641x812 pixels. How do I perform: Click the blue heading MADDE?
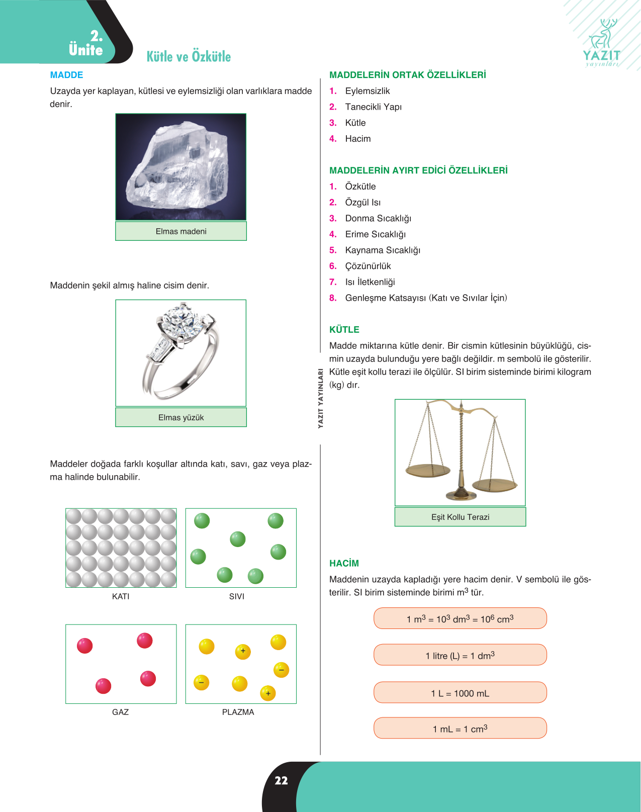[x=66, y=75]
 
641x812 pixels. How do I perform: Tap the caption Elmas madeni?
[x=181, y=231]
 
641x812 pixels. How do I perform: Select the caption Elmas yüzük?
[x=181, y=417]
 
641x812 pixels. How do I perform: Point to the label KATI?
[x=121, y=596]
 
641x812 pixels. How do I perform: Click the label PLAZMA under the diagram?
[x=238, y=712]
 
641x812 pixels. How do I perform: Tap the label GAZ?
[x=120, y=712]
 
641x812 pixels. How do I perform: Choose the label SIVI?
[x=237, y=596]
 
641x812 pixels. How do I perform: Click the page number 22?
[x=281, y=781]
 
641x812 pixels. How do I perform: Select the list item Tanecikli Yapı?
[x=373, y=107]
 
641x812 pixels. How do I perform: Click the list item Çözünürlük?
[x=368, y=266]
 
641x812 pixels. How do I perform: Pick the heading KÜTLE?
[x=344, y=329]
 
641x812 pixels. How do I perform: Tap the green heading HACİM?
[x=344, y=563]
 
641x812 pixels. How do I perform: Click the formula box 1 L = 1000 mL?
[x=461, y=692]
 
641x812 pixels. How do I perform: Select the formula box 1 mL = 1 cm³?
[x=461, y=728]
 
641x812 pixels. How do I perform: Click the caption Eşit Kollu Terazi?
[x=461, y=517]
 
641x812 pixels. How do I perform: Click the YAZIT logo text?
[x=601, y=55]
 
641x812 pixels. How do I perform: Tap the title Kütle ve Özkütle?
[x=189, y=56]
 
